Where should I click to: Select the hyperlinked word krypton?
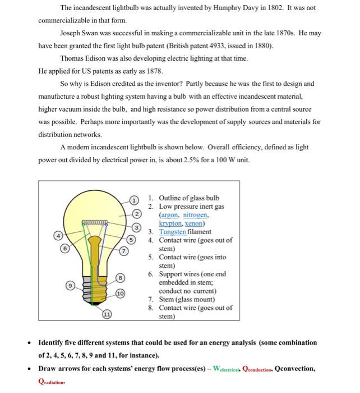[x=173, y=223]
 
